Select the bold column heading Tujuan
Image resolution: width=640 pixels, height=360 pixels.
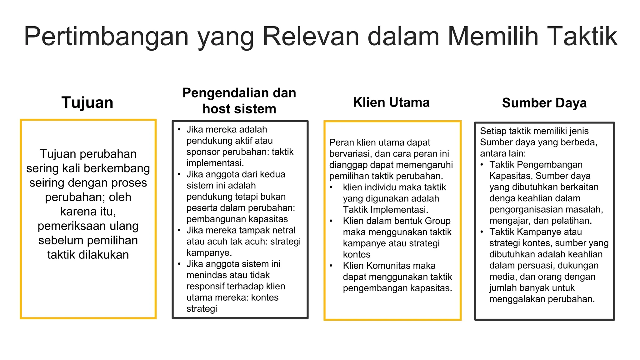pyautogui.click(x=87, y=102)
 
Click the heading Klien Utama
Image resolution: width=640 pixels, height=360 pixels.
pyautogui.click(x=391, y=102)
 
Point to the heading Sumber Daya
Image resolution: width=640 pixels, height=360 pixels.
pyautogui.click(x=544, y=103)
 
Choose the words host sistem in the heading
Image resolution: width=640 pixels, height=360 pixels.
pyautogui.click(x=239, y=109)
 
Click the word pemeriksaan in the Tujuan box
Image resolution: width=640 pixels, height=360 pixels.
pyautogui.click(x=88, y=226)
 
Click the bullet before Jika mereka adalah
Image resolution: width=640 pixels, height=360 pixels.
pyautogui.click(x=179, y=129)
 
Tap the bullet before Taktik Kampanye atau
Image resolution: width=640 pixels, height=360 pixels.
pyautogui.click(x=482, y=232)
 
